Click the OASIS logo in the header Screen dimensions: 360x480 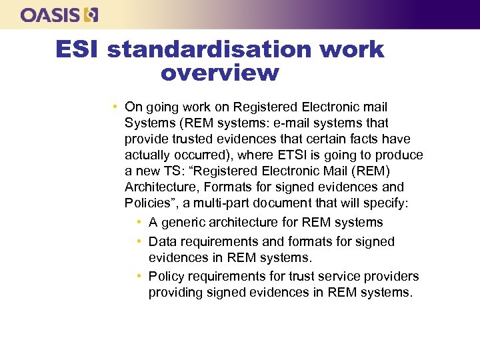tap(59, 15)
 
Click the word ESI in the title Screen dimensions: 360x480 tap(77, 49)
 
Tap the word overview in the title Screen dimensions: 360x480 tap(219, 72)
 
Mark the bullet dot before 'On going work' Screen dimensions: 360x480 tap(116, 107)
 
